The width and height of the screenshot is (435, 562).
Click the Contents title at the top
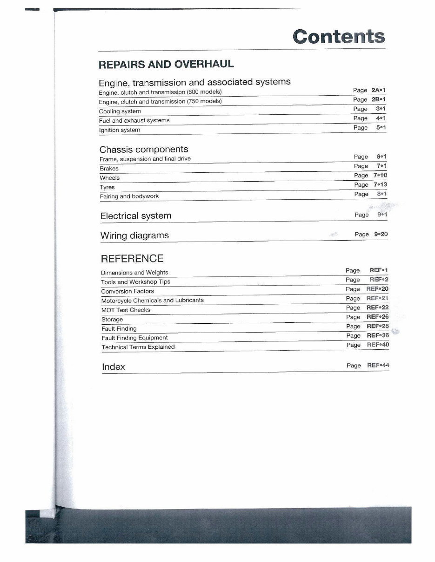pyautogui.click(x=339, y=36)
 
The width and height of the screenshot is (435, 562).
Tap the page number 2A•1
pyautogui.click(x=379, y=90)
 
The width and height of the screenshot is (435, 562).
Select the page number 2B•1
pyautogui.click(x=379, y=99)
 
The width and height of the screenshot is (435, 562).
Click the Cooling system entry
pyautogui.click(x=120, y=111)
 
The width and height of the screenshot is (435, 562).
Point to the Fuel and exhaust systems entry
pyautogui.click(x=134, y=120)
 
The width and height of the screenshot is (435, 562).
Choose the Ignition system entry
pyautogui.click(x=120, y=130)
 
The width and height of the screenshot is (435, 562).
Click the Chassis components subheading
pyautogui.click(x=144, y=149)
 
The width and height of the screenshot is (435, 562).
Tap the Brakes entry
pyautogui.click(x=109, y=169)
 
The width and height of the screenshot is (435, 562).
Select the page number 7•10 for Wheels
pyautogui.click(x=380, y=175)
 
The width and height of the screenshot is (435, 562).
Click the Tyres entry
pyautogui.click(x=107, y=187)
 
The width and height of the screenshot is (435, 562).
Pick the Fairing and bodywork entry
pyautogui.click(x=129, y=196)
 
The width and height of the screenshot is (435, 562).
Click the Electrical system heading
pyautogui.click(x=136, y=216)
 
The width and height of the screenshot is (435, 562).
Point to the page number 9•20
pyautogui.click(x=381, y=234)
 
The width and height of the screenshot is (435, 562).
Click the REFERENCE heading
pyautogui.click(x=132, y=259)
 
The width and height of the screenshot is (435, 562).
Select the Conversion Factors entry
pyautogui.click(x=127, y=291)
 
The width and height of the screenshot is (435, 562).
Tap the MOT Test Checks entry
pyautogui.click(x=126, y=310)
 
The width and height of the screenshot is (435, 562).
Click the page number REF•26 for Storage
pyautogui.click(x=377, y=317)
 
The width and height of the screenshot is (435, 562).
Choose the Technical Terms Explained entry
pyautogui.click(x=138, y=347)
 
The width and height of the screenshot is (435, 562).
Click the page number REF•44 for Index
pyautogui.click(x=378, y=365)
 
